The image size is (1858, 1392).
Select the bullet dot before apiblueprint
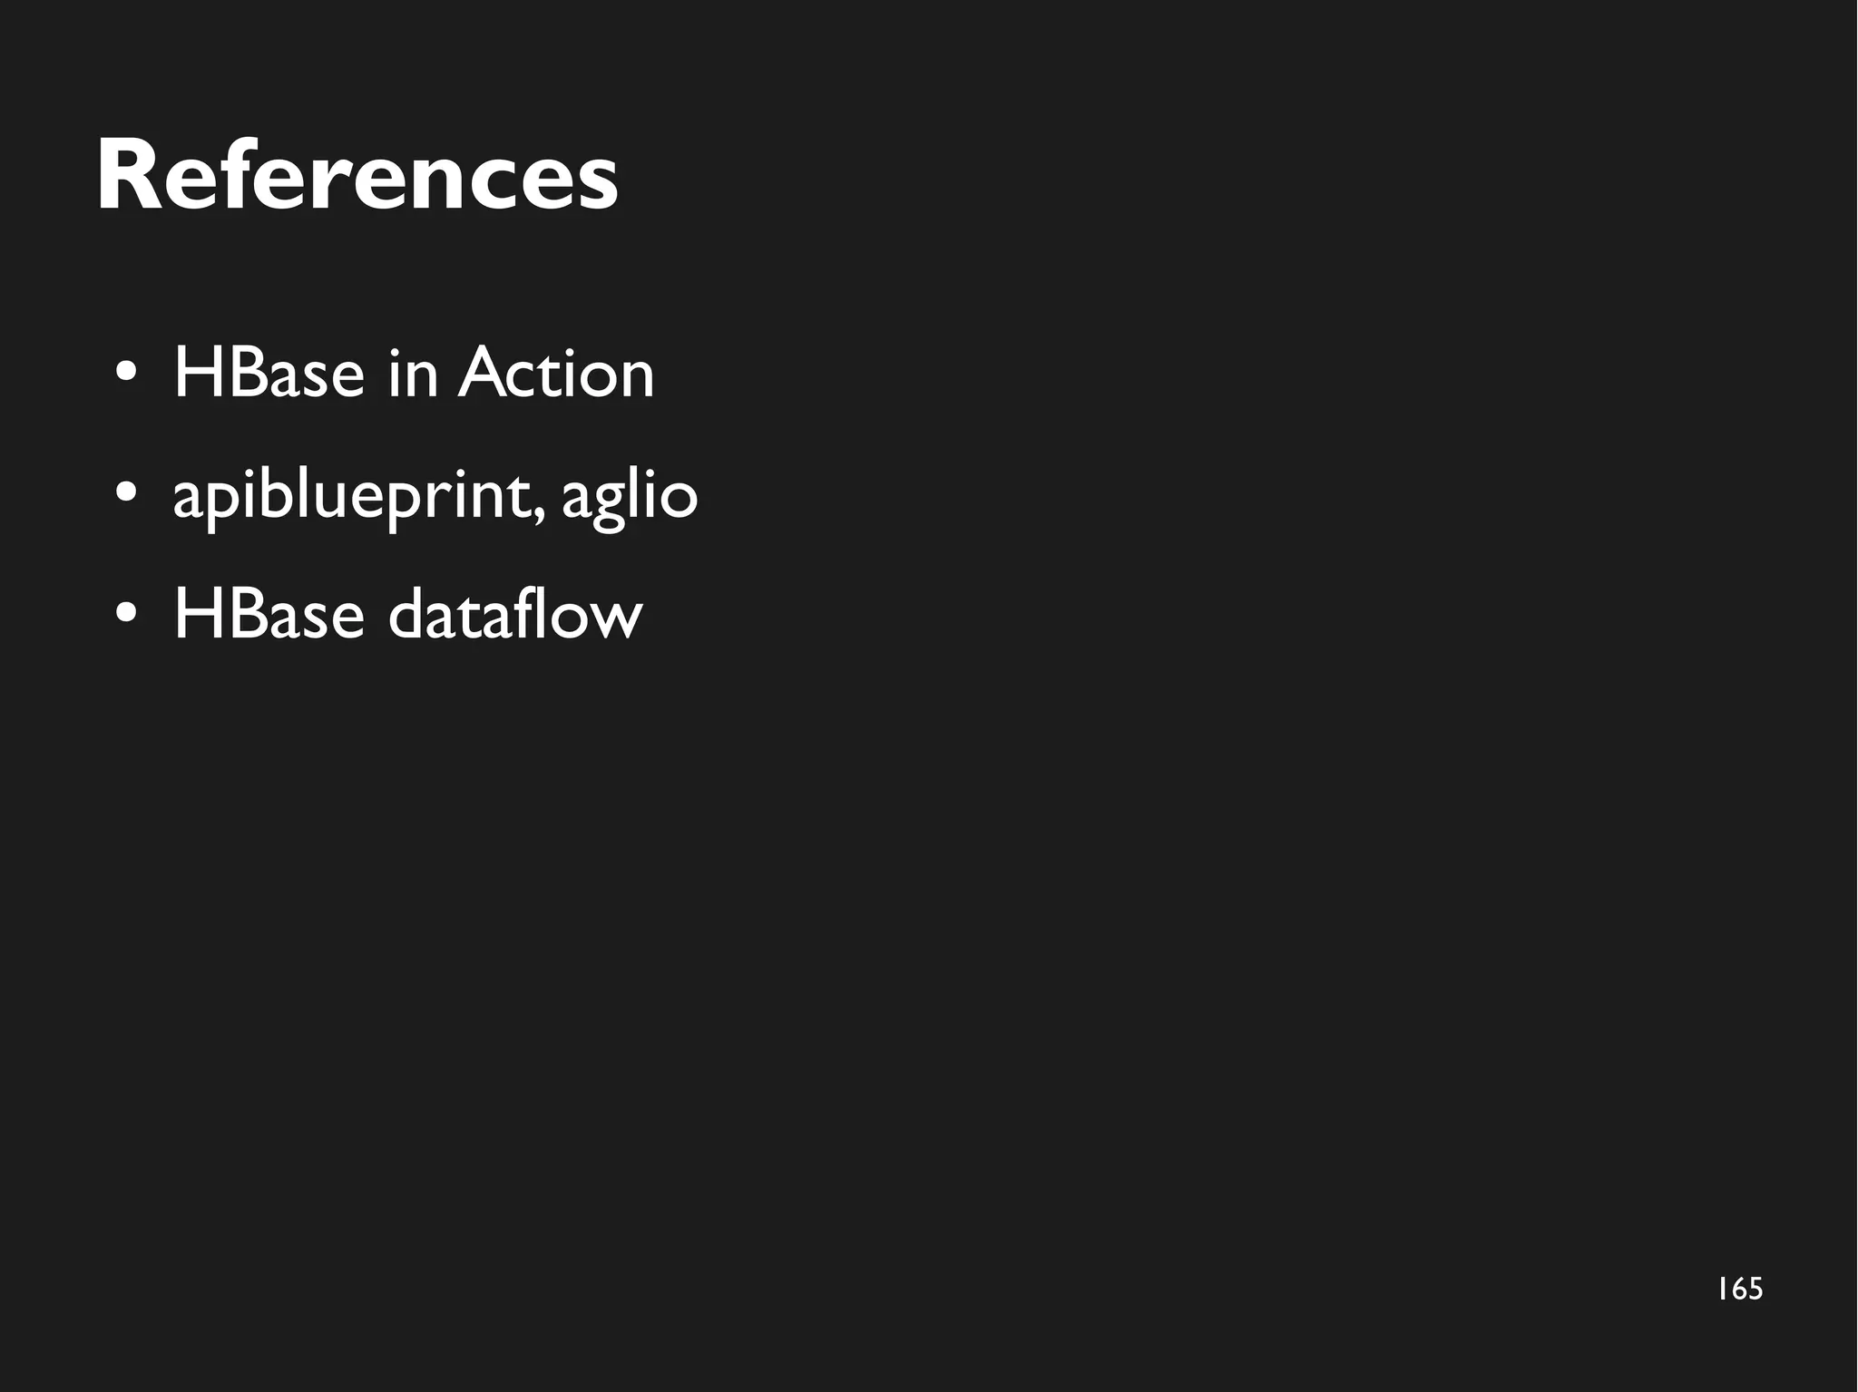click(x=127, y=494)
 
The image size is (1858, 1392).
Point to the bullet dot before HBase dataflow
click(x=127, y=615)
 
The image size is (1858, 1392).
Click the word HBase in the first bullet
click(x=269, y=373)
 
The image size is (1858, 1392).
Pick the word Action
click(x=555, y=373)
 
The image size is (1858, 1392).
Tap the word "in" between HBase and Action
click(x=412, y=373)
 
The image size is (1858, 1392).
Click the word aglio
click(x=630, y=497)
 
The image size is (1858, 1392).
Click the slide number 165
click(x=1739, y=1289)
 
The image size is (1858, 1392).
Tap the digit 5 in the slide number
click(x=1754, y=1289)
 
